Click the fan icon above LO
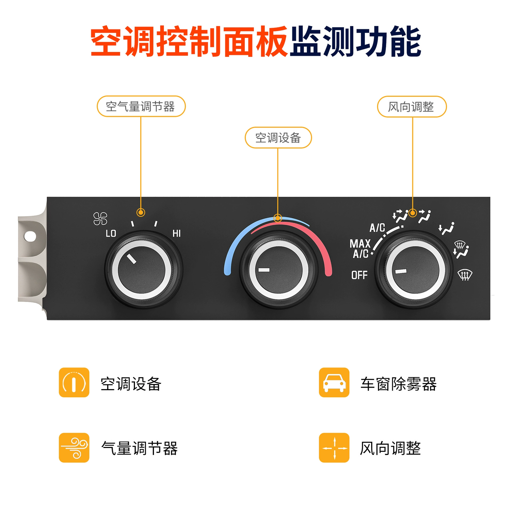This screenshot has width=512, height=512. tap(100, 219)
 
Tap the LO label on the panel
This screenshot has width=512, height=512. tap(111, 234)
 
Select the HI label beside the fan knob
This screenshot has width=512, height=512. tap(177, 234)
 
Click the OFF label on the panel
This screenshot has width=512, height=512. tap(359, 275)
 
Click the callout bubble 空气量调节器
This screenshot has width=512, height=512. tap(141, 106)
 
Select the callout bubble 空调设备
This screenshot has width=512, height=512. tap(278, 138)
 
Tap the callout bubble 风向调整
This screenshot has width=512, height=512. tap(412, 107)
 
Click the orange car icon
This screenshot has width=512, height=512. tap(334, 382)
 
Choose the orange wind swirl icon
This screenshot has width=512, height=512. tap(74, 448)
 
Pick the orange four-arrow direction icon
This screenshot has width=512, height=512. tap(334, 448)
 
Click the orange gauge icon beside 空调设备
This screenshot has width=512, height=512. tap(74, 382)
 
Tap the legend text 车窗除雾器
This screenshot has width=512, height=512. tap(398, 384)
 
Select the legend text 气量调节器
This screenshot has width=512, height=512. tap(139, 448)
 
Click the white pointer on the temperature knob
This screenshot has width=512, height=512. tap(264, 270)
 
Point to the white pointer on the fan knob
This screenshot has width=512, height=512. tap(131, 258)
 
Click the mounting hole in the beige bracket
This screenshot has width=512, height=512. tap(30, 236)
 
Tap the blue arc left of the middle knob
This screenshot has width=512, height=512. tap(240, 235)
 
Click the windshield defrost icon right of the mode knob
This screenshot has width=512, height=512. tap(465, 275)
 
